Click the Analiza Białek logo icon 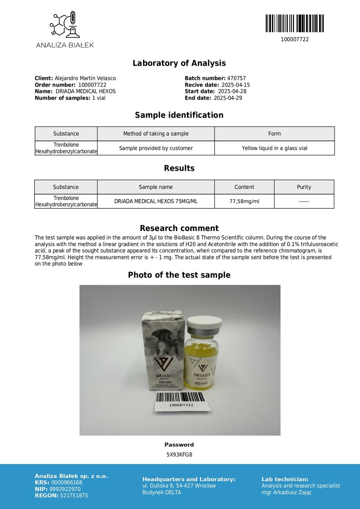click(64, 25)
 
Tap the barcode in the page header click(294, 23)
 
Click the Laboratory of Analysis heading click(179, 63)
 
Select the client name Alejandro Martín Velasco click(85, 78)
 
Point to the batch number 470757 click(236, 78)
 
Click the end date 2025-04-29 click(228, 98)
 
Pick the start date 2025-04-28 click(232, 91)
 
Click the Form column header click(275, 134)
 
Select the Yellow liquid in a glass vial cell click(275, 148)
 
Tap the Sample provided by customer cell click(156, 148)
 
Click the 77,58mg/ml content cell click(244, 201)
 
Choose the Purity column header click(304, 187)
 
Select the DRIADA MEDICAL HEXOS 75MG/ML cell click(156, 201)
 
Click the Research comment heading click(179, 228)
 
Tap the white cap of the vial click(204, 326)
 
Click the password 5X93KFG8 click(179, 455)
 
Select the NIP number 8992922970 click(66, 489)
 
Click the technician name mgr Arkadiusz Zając click(286, 492)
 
